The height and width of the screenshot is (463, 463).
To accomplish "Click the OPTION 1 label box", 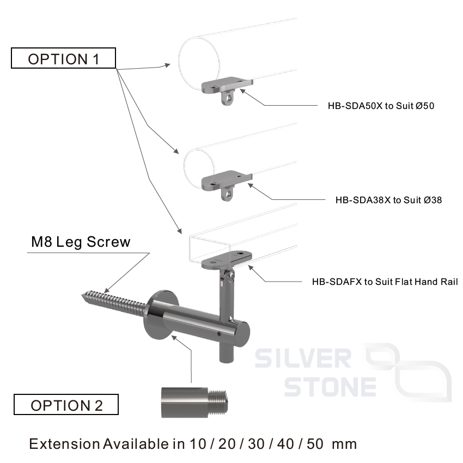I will pyautogui.click(x=64, y=58).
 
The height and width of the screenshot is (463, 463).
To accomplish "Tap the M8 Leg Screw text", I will pyautogui.click(x=81, y=242).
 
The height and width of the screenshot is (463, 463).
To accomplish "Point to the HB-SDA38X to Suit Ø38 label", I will pyautogui.click(x=388, y=200).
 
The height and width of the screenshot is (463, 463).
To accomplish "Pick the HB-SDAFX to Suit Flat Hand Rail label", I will pyautogui.click(x=385, y=282).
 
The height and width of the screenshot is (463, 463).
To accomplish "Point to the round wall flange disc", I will pyautogui.click(x=159, y=313).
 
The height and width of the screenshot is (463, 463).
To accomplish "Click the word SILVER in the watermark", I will pyautogui.click(x=303, y=358).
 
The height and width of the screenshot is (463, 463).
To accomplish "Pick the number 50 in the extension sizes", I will pyautogui.click(x=315, y=443).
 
